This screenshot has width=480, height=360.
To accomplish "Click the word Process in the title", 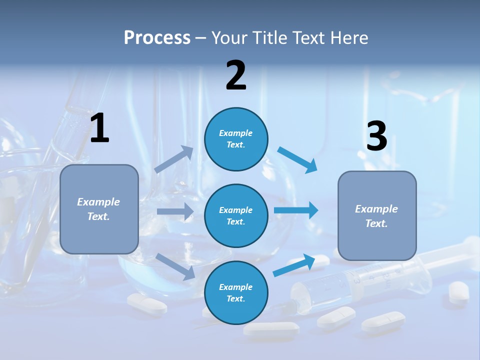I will pyautogui.click(x=157, y=37).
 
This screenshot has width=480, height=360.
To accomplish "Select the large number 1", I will pyautogui.click(x=99, y=128).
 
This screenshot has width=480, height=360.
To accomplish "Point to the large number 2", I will pyautogui.click(x=236, y=75).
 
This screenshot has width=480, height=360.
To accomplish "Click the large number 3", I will pyautogui.click(x=376, y=136).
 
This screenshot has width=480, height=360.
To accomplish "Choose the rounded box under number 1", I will pyautogui.click(x=99, y=209).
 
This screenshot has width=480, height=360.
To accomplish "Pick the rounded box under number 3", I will pyautogui.click(x=377, y=216).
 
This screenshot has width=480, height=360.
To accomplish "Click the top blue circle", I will pyautogui.click(x=236, y=139).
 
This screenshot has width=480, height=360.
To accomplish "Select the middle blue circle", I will pyautogui.click(x=236, y=215).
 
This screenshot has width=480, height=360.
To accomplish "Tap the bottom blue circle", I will pyautogui.click(x=236, y=292).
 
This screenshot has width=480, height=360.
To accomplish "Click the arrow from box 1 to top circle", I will pyautogui.click(x=174, y=159).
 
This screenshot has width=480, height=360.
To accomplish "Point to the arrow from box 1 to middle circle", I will pyautogui.click(x=175, y=211).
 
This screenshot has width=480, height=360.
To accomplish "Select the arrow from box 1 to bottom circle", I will pyautogui.click(x=175, y=266).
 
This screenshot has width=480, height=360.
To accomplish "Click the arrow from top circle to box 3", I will pyautogui.click(x=298, y=160).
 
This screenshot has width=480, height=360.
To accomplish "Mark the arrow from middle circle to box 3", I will pyautogui.click(x=296, y=210).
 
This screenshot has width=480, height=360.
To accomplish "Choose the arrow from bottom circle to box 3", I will pyautogui.click(x=294, y=265).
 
